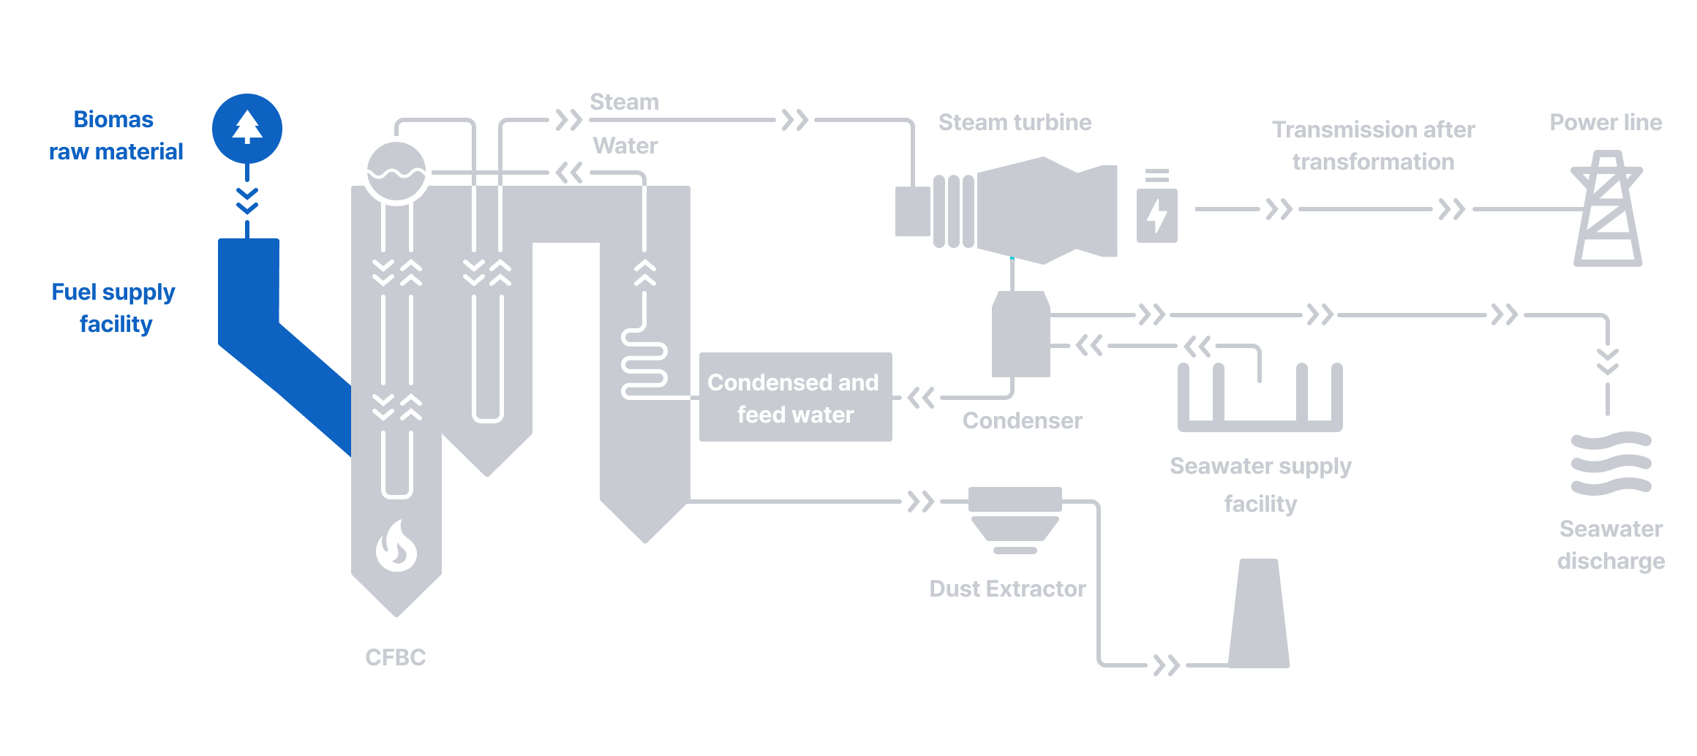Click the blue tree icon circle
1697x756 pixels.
tap(247, 129)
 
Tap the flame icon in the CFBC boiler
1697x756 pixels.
tap(396, 545)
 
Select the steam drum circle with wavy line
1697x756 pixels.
tap(396, 171)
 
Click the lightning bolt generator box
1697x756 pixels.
tap(1156, 215)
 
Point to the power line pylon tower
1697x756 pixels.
tap(1607, 210)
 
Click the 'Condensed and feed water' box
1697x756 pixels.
tap(795, 397)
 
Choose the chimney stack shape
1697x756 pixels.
tap(1258, 614)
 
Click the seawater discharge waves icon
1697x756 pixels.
tap(1611, 464)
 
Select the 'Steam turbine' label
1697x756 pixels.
tap(1015, 122)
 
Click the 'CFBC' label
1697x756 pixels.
tap(395, 657)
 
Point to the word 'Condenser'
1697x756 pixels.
tap(1022, 420)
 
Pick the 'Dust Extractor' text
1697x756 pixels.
tap(1007, 589)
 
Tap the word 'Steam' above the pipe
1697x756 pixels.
tap(624, 102)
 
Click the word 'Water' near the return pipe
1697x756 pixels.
tap(625, 145)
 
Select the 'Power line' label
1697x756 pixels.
tap(1606, 122)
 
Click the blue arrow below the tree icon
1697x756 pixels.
tap(247, 201)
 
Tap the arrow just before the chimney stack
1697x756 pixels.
tap(1166, 665)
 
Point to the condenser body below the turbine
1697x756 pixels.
tap(1020, 335)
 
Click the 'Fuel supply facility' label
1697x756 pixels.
tap(113, 308)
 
